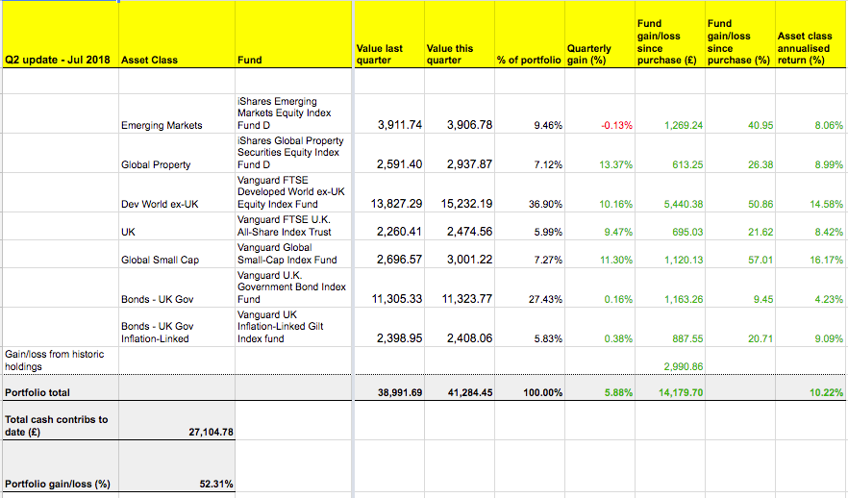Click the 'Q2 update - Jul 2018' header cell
(x=58, y=60)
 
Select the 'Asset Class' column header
(x=149, y=60)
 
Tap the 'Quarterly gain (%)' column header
(x=589, y=54)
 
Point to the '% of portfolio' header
(x=529, y=60)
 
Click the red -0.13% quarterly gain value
(x=616, y=125)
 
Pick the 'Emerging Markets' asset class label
(x=162, y=125)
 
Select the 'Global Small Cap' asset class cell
(x=160, y=261)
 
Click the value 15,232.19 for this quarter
(x=466, y=204)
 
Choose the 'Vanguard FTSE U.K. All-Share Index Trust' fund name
(x=285, y=226)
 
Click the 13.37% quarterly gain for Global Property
(x=616, y=165)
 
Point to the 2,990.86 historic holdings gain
(x=684, y=366)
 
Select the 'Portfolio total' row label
(x=37, y=392)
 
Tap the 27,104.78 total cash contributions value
(x=211, y=432)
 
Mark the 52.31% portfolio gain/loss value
(x=216, y=484)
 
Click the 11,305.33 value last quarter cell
(x=397, y=299)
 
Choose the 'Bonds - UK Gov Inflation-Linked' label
(x=158, y=333)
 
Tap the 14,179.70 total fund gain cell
(x=681, y=392)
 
